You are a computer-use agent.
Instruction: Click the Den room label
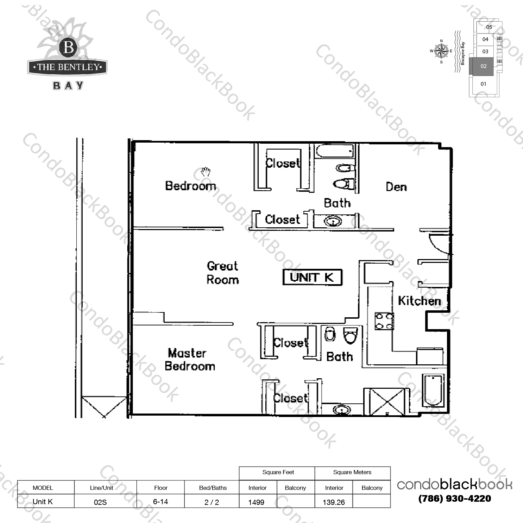(x=396, y=187)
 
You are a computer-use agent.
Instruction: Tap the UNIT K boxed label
(x=312, y=278)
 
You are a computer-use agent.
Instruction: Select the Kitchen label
(x=419, y=301)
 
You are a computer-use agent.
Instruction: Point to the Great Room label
(x=223, y=273)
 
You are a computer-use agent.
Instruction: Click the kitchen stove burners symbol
(x=384, y=321)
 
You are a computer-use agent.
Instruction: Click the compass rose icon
(x=441, y=51)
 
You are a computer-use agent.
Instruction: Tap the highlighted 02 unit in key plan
(x=483, y=66)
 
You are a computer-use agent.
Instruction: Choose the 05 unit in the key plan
(x=489, y=27)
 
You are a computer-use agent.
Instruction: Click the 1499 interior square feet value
(x=256, y=502)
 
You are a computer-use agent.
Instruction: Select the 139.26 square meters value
(x=334, y=502)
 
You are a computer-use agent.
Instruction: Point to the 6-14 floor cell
(x=160, y=502)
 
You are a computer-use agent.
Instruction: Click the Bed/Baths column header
(x=213, y=488)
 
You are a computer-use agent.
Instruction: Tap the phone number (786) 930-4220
(x=455, y=499)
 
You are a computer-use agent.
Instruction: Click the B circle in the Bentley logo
(x=68, y=47)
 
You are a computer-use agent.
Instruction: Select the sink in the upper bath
(x=333, y=221)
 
